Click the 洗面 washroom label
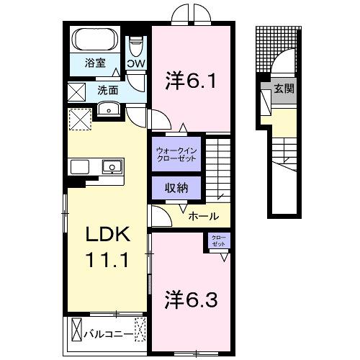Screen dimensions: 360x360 coord(108,90)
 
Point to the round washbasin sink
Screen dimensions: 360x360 coord(108,109)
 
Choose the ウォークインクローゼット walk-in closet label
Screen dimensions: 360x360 coord(177,155)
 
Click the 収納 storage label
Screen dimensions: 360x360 coord(176,188)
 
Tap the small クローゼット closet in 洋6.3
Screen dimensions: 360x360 coord(218,242)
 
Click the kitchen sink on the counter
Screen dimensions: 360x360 coord(112,167)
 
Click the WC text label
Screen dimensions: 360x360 coord(136,63)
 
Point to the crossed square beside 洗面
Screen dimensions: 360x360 coord(76,91)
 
